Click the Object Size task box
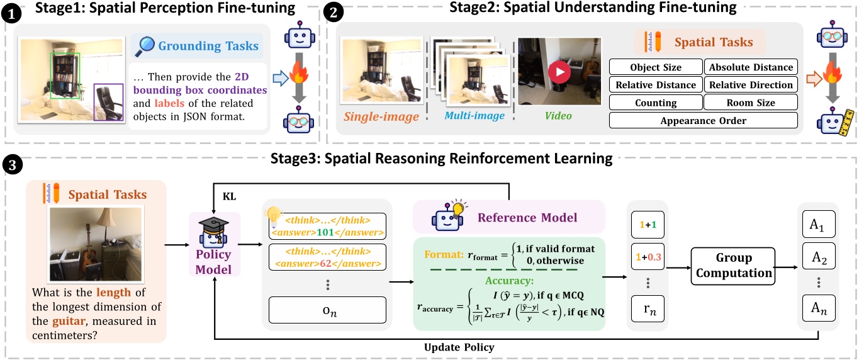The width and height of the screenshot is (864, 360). (656, 67)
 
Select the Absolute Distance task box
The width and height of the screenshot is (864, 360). (751, 67)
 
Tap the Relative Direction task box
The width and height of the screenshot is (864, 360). (751, 85)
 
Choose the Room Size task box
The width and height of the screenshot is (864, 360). (751, 103)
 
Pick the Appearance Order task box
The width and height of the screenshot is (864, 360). (704, 120)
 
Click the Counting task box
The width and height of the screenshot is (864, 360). (656, 103)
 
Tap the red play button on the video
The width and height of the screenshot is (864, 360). (558, 72)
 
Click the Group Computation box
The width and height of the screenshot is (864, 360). (733, 266)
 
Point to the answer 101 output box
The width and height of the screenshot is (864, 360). (327, 225)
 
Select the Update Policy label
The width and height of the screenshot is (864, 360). (459, 347)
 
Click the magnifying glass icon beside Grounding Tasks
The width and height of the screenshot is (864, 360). (145, 46)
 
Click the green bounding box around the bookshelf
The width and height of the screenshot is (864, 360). (65, 76)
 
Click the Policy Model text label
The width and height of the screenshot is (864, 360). (213, 262)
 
